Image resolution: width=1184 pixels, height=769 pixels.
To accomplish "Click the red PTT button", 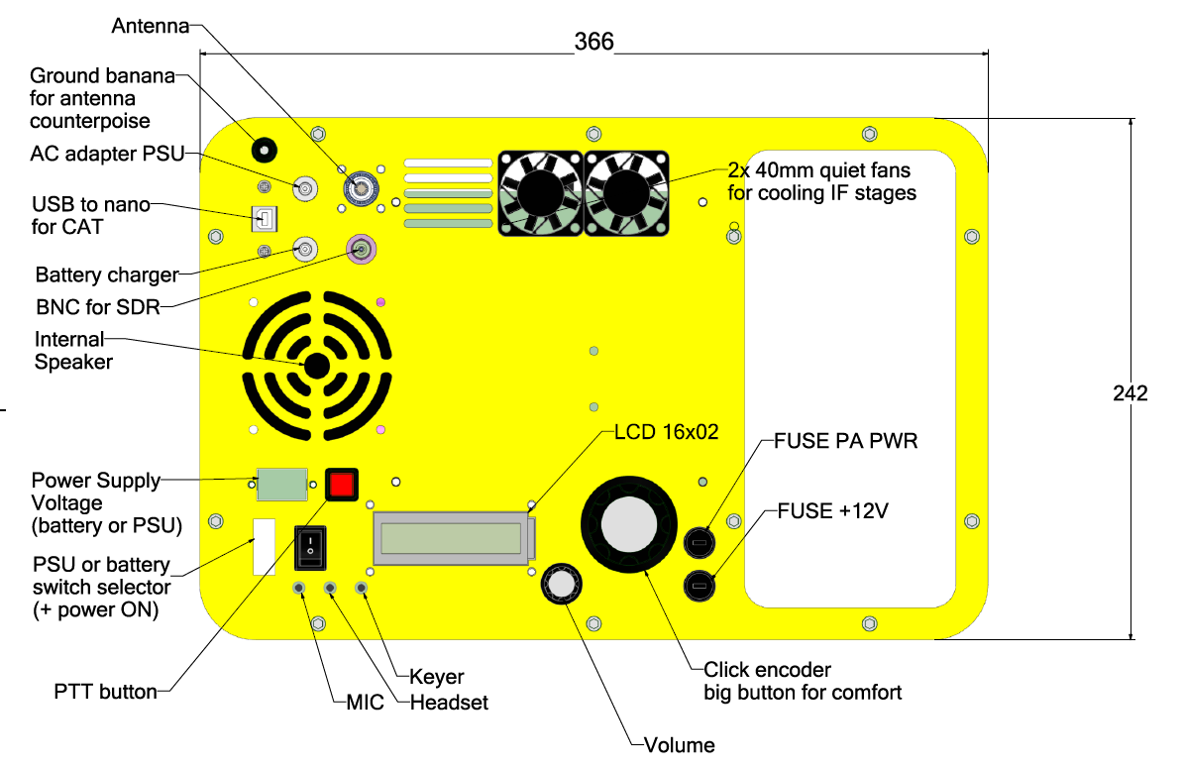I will [x=341, y=485].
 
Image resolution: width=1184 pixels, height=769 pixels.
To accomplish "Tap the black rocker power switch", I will [x=309, y=546].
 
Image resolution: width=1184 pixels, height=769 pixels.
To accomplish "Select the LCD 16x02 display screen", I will [x=452, y=538].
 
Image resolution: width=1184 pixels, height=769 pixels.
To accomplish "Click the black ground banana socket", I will [x=263, y=150].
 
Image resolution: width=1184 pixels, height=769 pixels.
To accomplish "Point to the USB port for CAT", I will [x=265, y=217].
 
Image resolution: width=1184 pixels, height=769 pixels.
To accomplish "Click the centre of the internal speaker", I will [x=316, y=366].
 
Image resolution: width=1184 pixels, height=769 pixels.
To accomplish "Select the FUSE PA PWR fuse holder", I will [x=700, y=542].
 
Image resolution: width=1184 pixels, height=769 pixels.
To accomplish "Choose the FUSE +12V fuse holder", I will [x=700, y=587].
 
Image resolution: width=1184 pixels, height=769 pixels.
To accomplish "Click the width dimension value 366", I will [x=594, y=42].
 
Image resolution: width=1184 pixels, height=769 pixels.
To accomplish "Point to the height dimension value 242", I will [x=1130, y=392].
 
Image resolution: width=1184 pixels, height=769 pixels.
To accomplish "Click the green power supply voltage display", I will [x=281, y=485].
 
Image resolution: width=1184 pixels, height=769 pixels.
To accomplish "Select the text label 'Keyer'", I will [x=437, y=678].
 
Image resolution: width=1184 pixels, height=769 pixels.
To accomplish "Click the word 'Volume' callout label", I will [x=679, y=745].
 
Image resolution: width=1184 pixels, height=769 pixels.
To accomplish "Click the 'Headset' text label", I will [x=450, y=703].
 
